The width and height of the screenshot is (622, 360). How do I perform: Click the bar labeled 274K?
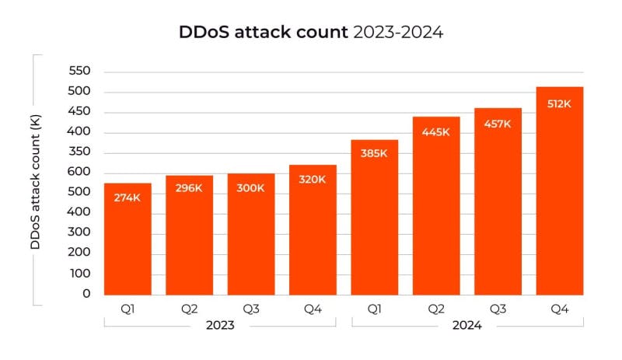pos(128,241)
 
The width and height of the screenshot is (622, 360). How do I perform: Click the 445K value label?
pos(436,132)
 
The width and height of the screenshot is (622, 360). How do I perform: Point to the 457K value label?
pos(498,124)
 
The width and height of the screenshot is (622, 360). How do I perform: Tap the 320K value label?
pos(313,180)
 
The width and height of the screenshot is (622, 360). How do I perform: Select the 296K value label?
pos(189,189)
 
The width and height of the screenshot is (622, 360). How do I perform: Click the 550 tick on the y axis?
pos(81,71)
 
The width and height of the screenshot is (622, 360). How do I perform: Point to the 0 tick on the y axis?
pos(86,294)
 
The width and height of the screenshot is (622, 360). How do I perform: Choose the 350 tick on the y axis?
pos(81,152)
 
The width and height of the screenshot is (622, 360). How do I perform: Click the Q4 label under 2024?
pos(560,309)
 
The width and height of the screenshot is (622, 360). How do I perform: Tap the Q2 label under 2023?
pos(189,309)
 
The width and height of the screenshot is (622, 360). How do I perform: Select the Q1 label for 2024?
pos(375,309)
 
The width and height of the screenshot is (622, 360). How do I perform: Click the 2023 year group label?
pos(220,327)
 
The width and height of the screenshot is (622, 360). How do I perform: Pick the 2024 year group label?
pos(467,327)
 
